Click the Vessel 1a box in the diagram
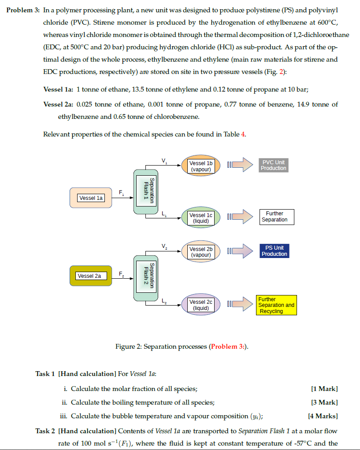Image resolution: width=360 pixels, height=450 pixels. [x=91, y=198]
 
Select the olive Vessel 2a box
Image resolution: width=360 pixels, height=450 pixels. [x=89, y=276]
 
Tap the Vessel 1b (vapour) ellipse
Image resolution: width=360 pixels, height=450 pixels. [x=201, y=166]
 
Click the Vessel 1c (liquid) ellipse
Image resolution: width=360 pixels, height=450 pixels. [x=201, y=218]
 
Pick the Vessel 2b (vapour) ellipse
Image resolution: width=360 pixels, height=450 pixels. [x=201, y=252]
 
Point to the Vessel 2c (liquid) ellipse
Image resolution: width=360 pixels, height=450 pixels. [x=201, y=305]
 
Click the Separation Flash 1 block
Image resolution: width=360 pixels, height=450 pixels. [x=145, y=192]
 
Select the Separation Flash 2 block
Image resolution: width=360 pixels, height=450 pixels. [x=145, y=278]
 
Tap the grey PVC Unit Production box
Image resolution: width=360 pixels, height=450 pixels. [x=273, y=165]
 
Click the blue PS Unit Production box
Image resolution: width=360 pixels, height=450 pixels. [x=274, y=251]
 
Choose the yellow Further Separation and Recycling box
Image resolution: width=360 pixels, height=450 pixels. [x=276, y=305]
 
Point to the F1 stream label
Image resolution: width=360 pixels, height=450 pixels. [x=122, y=192]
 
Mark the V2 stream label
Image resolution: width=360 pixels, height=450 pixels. [x=164, y=246]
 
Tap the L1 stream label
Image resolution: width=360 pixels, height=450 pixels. [x=164, y=214]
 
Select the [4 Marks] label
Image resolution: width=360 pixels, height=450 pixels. [x=323, y=416]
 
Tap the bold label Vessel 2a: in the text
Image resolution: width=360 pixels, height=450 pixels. [x=58, y=104]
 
